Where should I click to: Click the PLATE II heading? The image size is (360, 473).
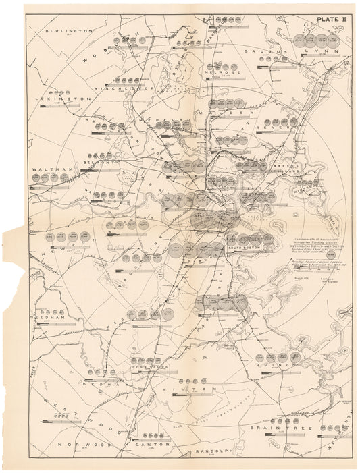click(325, 19)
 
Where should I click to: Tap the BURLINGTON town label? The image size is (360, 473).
click(66, 30)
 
